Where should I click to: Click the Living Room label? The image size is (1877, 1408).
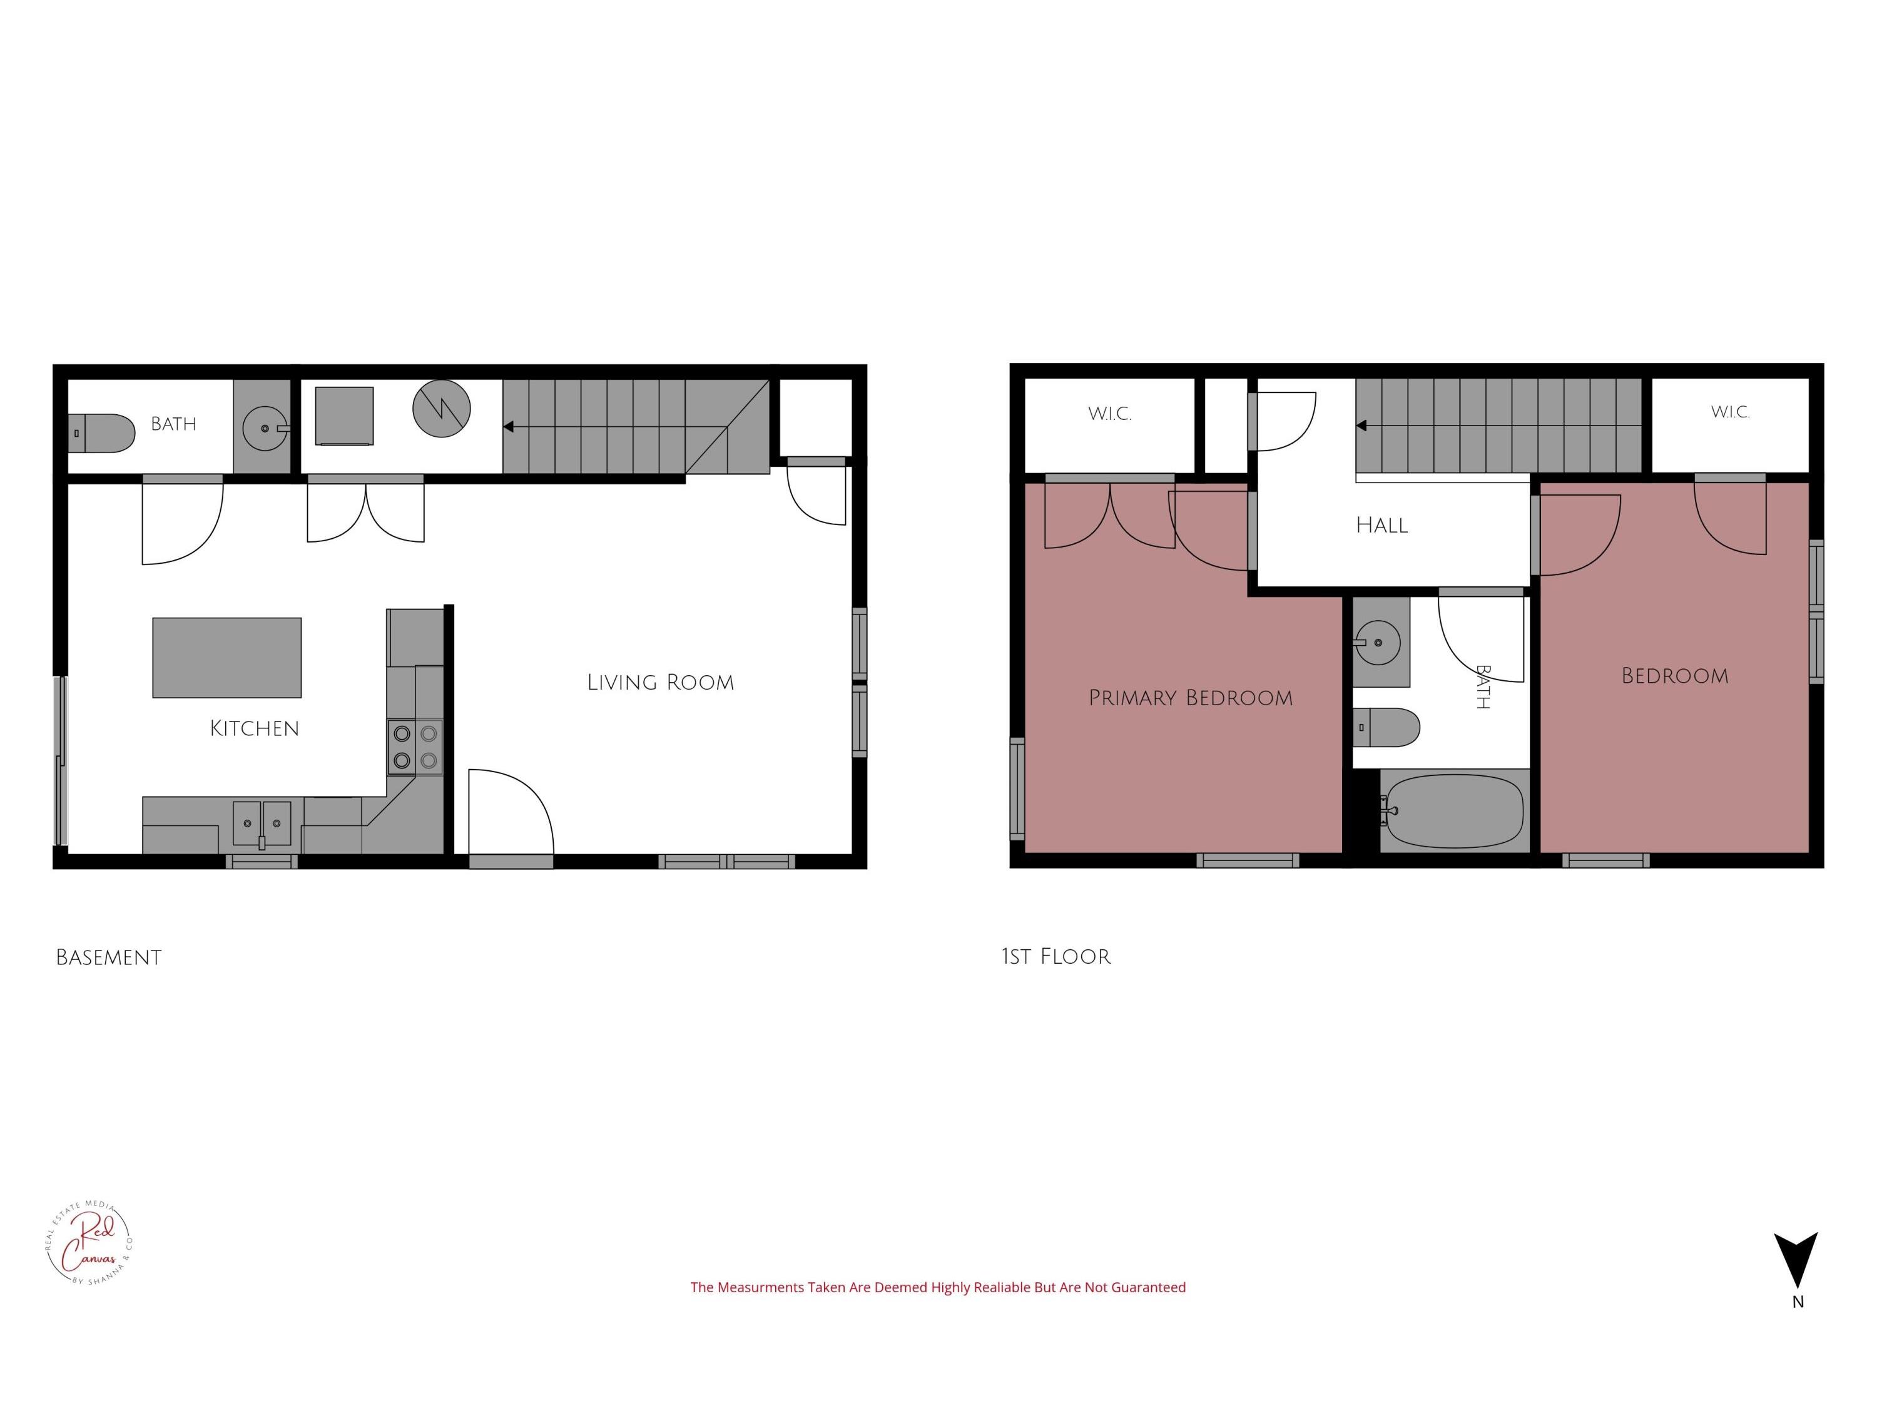click(660, 682)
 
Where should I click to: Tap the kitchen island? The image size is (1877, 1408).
click(226, 658)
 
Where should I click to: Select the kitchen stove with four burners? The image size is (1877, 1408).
click(415, 747)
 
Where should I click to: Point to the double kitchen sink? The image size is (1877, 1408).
click(262, 824)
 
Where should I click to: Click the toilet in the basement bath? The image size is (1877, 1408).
click(102, 433)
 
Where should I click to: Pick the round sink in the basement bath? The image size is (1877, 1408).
click(266, 428)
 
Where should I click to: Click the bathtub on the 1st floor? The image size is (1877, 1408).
click(1453, 810)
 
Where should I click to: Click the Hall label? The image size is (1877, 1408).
click(1382, 526)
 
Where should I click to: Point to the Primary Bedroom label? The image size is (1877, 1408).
click(1191, 698)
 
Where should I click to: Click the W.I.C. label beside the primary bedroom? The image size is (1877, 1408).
click(1110, 414)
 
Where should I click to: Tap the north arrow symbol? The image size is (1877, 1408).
click(1796, 1272)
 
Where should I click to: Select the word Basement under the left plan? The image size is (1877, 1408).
click(109, 957)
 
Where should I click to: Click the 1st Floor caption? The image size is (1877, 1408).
click(1055, 956)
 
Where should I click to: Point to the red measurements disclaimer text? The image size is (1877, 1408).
click(938, 1287)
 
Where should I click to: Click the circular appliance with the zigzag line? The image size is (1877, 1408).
click(441, 408)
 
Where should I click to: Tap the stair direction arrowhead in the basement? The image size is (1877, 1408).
click(508, 426)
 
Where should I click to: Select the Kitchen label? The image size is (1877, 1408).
click(255, 728)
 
